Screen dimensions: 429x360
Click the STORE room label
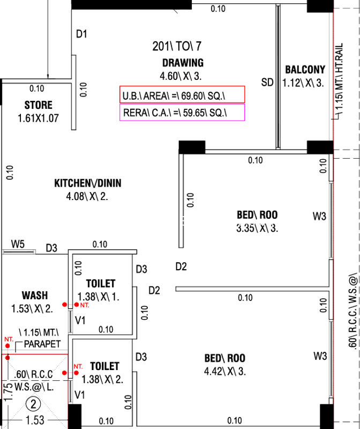pyautogui.click(x=38, y=105)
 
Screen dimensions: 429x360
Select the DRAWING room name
pyautogui.click(x=183, y=63)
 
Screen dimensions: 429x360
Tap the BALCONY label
pyautogui.click(x=305, y=70)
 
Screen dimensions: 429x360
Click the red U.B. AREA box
pyautogui.click(x=182, y=95)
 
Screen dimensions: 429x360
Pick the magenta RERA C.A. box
pyautogui.click(x=182, y=113)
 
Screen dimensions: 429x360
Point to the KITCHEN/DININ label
pyautogui.click(x=88, y=183)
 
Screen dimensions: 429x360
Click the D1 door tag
pyautogui.click(x=81, y=34)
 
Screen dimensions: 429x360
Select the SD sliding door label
pyautogui.click(x=267, y=82)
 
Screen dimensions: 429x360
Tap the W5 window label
pyautogui.click(x=18, y=245)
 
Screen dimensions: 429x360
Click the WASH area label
pyautogui.click(x=34, y=295)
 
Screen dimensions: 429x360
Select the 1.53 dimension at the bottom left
pyautogui.click(x=35, y=421)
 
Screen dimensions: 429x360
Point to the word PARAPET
pyautogui.click(x=42, y=344)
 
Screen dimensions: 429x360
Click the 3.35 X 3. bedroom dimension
pyautogui.click(x=257, y=228)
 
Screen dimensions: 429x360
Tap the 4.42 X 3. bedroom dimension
pyautogui.click(x=224, y=387)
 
